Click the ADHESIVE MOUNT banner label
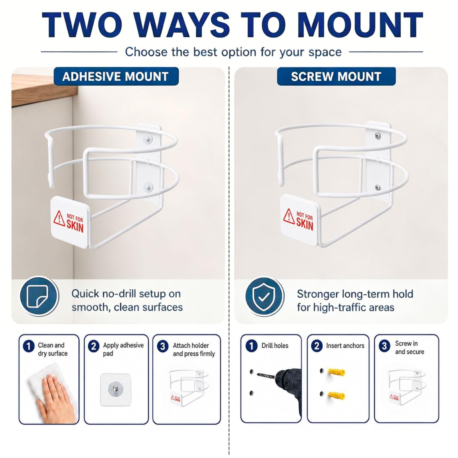116,76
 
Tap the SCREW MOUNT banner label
336,76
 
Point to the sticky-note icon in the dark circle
39,296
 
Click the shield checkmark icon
264,297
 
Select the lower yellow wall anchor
337,396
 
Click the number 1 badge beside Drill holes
251,346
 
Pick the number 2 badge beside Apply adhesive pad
93,346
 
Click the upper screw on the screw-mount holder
378,136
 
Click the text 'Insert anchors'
345,346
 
